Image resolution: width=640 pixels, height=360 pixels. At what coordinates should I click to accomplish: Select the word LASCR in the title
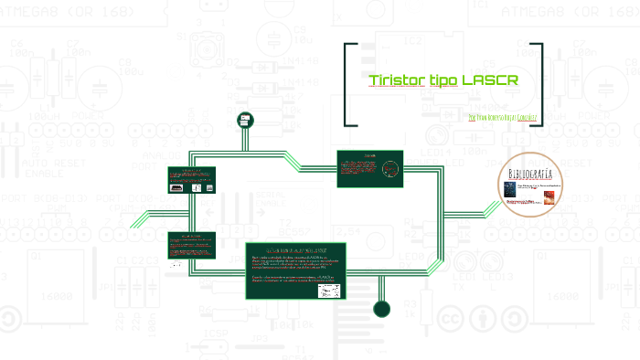(491, 80)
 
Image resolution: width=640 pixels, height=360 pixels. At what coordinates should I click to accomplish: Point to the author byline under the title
(501, 118)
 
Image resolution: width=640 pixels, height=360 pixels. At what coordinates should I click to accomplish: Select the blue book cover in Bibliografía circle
(510, 189)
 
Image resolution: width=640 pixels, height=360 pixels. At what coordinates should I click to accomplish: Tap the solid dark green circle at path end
(382, 308)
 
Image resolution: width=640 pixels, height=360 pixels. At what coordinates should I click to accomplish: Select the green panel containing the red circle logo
(369, 168)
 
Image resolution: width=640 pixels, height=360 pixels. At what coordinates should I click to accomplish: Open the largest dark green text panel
(298, 270)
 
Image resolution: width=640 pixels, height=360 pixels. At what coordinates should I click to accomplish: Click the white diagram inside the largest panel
(329, 290)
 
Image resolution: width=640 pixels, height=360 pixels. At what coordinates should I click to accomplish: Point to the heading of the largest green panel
(298, 249)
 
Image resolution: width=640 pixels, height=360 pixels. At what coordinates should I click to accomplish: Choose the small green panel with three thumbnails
(191, 179)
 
